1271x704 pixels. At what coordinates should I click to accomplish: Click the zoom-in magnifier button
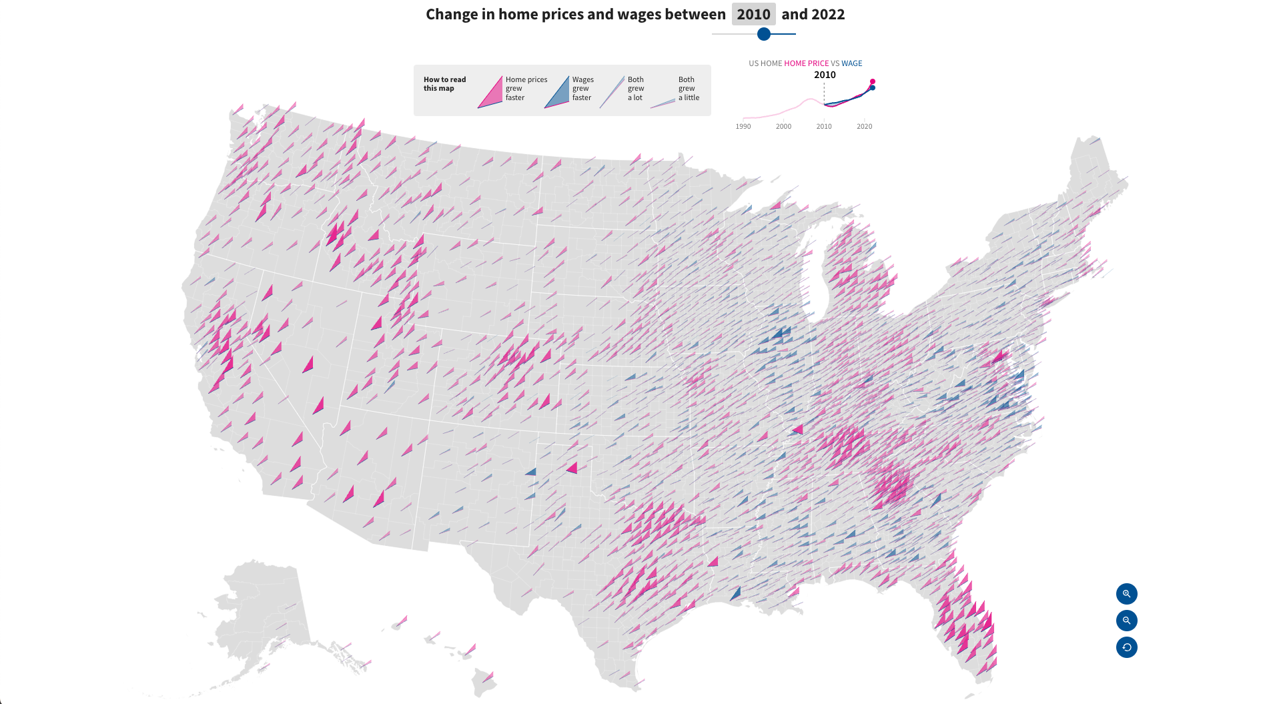(1126, 594)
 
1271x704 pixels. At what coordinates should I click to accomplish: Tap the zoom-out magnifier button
(1126, 621)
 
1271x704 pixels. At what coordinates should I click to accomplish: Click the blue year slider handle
(764, 34)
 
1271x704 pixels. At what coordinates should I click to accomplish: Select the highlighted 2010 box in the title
(753, 14)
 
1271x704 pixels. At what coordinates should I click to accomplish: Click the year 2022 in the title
(827, 14)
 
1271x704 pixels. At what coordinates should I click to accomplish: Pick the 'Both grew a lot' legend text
(636, 88)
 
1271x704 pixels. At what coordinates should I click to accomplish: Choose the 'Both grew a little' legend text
(689, 88)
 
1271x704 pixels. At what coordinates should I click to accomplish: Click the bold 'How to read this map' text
(444, 83)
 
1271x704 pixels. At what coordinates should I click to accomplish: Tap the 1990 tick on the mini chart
(743, 126)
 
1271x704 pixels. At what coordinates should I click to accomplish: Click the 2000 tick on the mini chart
(783, 126)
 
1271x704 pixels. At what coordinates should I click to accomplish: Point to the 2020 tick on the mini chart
(864, 126)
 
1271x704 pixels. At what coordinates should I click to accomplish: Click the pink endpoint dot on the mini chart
(872, 81)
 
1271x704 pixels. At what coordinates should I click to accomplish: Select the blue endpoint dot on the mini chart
(872, 87)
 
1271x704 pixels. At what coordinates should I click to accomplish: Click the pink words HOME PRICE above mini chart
(806, 63)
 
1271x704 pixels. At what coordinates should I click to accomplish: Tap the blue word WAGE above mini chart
(851, 63)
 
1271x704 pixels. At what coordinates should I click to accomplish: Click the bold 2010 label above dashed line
(825, 75)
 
